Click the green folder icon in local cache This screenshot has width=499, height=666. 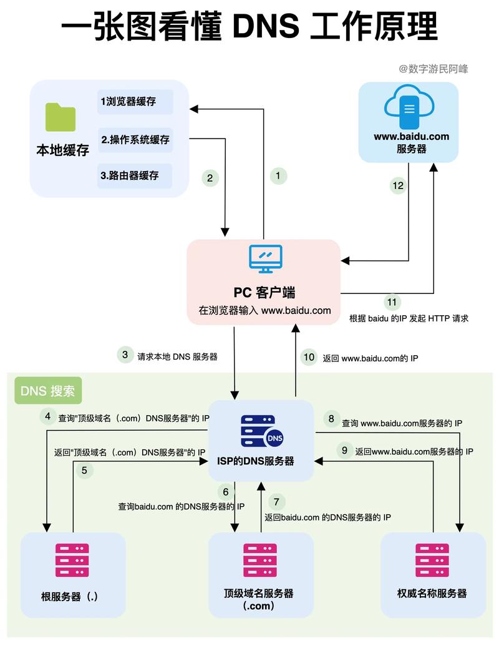pos(61,117)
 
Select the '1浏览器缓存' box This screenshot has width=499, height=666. pos(135,102)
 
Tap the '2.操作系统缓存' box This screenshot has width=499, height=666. pos(135,139)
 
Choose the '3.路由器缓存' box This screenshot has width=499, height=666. pos(135,175)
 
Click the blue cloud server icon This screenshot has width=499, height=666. pos(409,107)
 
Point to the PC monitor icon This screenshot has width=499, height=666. pos(265,258)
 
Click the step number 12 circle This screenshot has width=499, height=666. pos(398,185)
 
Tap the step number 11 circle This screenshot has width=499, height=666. pos(391,302)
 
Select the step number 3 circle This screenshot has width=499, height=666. pos(125,355)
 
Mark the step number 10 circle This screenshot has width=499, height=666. pos(309,357)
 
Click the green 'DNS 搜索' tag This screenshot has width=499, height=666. pos(48,391)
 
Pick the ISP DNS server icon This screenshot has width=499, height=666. pos(261,431)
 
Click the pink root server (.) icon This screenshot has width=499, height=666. pos(72,559)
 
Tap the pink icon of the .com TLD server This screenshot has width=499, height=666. pos(260,559)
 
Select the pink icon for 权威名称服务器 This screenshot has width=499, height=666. pos(432,559)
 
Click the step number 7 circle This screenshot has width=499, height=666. pos(278,501)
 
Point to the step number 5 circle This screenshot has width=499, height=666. pos(84,470)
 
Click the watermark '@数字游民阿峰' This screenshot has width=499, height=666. pos(434,69)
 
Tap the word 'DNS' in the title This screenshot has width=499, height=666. pos(265,27)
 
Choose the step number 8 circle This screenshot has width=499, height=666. pos(331,419)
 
